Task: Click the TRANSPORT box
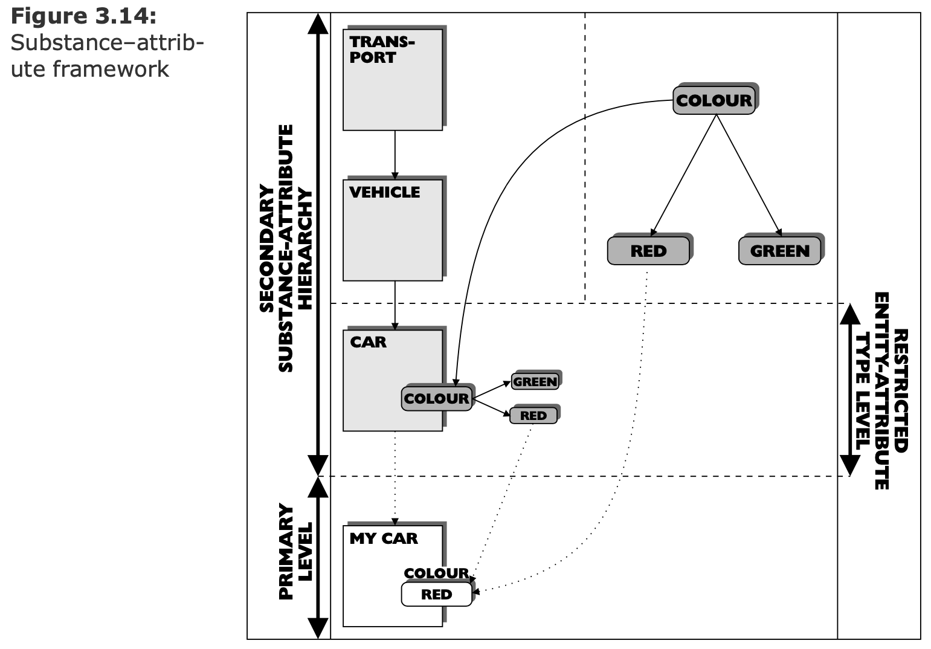click(393, 79)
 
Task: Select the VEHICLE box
click(393, 230)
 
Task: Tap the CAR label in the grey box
click(368, 342)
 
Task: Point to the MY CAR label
click(384, 538)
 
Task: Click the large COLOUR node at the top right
click(714, 100)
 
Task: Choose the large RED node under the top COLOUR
click(648, 251)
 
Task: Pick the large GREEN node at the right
click(780, 251)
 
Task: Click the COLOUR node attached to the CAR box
click(436, 399)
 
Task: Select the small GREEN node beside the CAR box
click(535, 382)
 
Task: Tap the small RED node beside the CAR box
click(533, 416)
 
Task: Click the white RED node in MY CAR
click(436, 595)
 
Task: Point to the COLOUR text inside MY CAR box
click(436, 573)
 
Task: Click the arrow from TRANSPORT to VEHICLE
click(395, 155)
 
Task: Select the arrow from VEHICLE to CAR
click(395, 305)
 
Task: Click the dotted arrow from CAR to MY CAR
click(395, 477)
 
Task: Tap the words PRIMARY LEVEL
click(296, 551)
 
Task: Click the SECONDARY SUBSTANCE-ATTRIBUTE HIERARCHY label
click(286, 248)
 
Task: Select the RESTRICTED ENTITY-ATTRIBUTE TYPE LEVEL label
click(883, 390)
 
